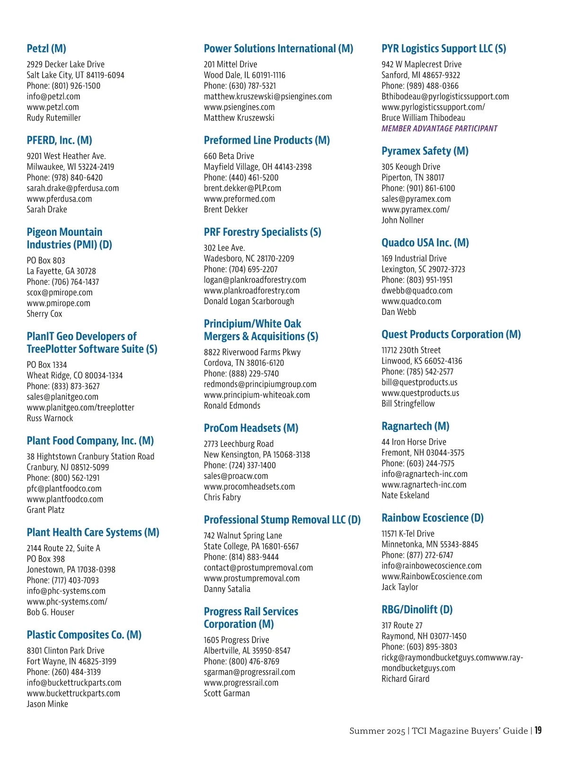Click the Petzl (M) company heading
[46, 49]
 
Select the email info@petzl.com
[53, 97]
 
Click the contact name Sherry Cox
[44, 314]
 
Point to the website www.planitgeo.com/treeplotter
[80, 407]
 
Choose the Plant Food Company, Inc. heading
[90, 441]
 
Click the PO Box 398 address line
[46, 559]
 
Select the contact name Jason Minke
[47, 704]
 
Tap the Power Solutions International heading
[278, 49]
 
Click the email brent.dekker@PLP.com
[242, 188]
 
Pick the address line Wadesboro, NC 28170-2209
[249, 258]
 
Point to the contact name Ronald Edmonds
[232, 406]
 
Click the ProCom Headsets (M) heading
[251, 428]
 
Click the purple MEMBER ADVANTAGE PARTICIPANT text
[439, 129]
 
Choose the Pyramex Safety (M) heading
[425, 151]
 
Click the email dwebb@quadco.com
[417, 291]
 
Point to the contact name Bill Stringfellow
[408, 404]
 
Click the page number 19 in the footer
[538, 731]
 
